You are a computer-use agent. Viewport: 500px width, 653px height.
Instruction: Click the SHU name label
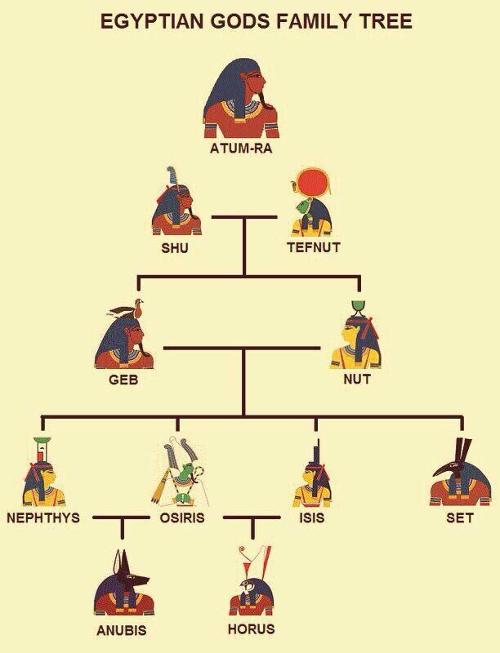click(174, 248)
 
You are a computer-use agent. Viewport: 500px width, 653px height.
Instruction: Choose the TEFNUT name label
click(313, 247)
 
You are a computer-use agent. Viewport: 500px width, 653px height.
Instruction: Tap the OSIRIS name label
click(176, 518)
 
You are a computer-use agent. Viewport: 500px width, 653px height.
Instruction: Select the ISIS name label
click(312, 518)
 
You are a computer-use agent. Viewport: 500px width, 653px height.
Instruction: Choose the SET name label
click(460, 518)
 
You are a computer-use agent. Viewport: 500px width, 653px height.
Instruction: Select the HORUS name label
click(252, 629)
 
